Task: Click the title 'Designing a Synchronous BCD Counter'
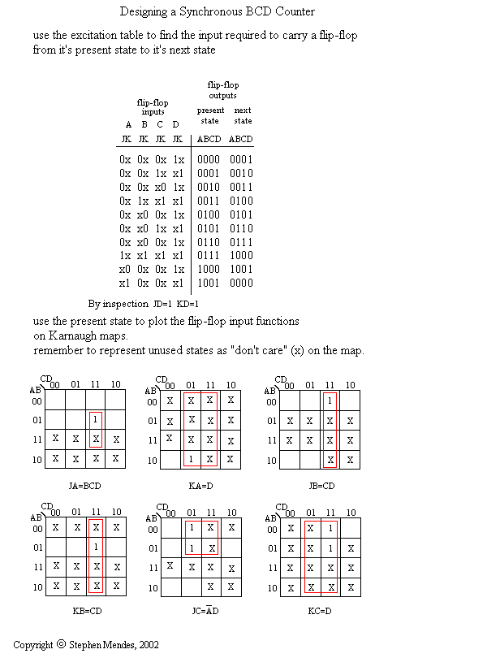(x=218, y=11)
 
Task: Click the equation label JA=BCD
(x=86, y=486)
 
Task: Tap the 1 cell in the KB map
(x=95, y=548)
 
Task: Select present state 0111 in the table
(x=209, y=256)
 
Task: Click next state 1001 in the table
(x=241, y=270)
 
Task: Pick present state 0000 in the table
(x=209, y=159)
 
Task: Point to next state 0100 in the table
(x=241, y=201)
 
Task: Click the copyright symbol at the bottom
(x=61, y=644)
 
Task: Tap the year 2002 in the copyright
(x=147, y=645)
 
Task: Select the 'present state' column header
(x=209, y=115)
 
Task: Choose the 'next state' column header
(x=242, y=115)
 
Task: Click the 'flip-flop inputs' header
(x=152, y=107)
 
